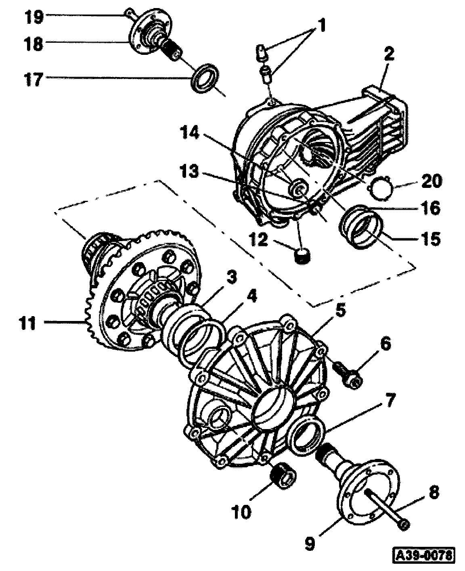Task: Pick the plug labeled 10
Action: point(283,476)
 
